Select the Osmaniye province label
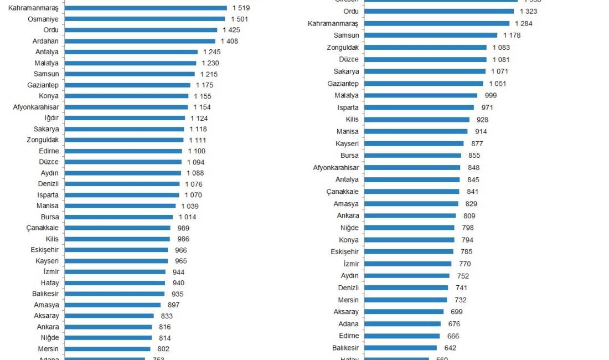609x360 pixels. coord(44,19)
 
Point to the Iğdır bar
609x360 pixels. coord(125,118)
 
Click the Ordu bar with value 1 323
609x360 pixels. coord(439,11)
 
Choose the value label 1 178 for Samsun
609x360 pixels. coord(512,35)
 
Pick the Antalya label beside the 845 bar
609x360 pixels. coord(347,179)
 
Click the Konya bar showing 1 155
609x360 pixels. coord(126,96)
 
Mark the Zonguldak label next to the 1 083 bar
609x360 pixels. coord(342,48)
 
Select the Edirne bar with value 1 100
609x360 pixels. coord(123,151)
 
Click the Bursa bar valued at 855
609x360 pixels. coord(414,156)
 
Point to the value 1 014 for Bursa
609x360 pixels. coord(187,217)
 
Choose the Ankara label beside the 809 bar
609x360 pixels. coord(348,215)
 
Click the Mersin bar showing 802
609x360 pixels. coord(107,349)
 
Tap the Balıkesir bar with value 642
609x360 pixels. coord(400,348)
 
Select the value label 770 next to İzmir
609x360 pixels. coord(465,264)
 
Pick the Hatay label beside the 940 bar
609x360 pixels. coord(50,283)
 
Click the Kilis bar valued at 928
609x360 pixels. coord(417,120)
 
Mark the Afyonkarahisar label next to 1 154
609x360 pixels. coord(36,107)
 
